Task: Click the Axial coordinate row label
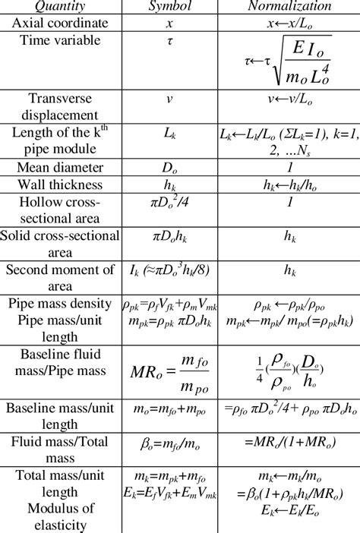[x=59, y=23]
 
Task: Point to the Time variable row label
[x=59, y=39]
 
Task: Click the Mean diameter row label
[x=59, y=169]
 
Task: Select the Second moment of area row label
[x=59, y=278]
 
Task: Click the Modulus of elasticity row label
[x=59, y=516]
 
